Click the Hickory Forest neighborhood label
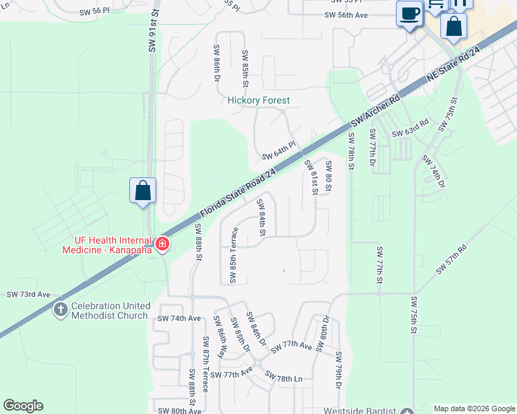(x=259, y=101)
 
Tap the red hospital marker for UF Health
(x=162, y=244)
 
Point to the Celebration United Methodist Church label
(x=110, y=310)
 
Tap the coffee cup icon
(x=410, y=14)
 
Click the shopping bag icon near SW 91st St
(x=142, y=190)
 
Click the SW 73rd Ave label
(x=29, y=295)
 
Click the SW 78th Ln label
(x=284, y=379)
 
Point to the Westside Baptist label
(x=369, y=408)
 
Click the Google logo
(x=23, y=406)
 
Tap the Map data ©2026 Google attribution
(x=474, y=408)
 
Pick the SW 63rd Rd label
(x=411, y=129)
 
